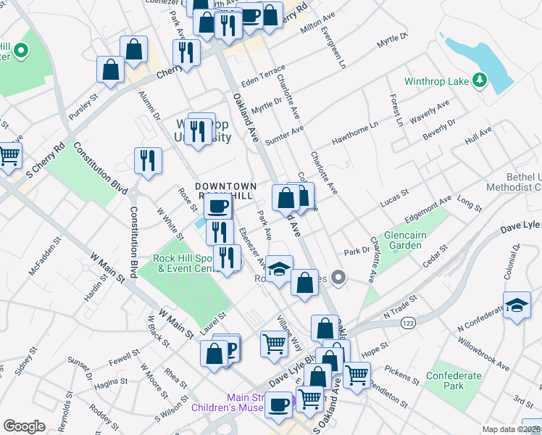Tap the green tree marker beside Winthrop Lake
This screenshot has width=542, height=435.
[x=478, y=80]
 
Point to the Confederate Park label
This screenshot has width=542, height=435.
[x=454, y=381]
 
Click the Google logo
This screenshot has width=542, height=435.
[x=24, y=426]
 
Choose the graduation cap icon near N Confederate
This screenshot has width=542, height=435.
[x=517, y=305]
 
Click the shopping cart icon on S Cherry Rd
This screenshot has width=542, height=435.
[x=9, y=154]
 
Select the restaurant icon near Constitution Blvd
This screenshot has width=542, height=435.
[x=148, y=161]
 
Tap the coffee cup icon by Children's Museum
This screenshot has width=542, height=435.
[x=278, y=405]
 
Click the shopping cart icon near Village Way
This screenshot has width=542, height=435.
[x=274, y=343]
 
